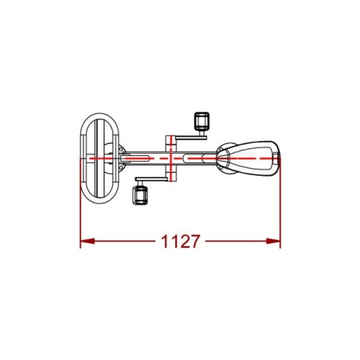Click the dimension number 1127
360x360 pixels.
[x=180, y=241]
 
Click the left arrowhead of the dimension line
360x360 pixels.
[x=87, y=241]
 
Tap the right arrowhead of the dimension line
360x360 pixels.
[x=273, y=241]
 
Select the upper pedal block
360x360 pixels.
[x=202, y=121]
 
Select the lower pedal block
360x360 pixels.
[x=139, y=195]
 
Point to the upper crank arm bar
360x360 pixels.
[x=190, y=138]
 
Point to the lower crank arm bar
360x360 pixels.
[x=151, y=179]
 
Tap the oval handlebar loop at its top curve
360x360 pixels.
[x=100, y=115]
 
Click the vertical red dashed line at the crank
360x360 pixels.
[x=171, y=158]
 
